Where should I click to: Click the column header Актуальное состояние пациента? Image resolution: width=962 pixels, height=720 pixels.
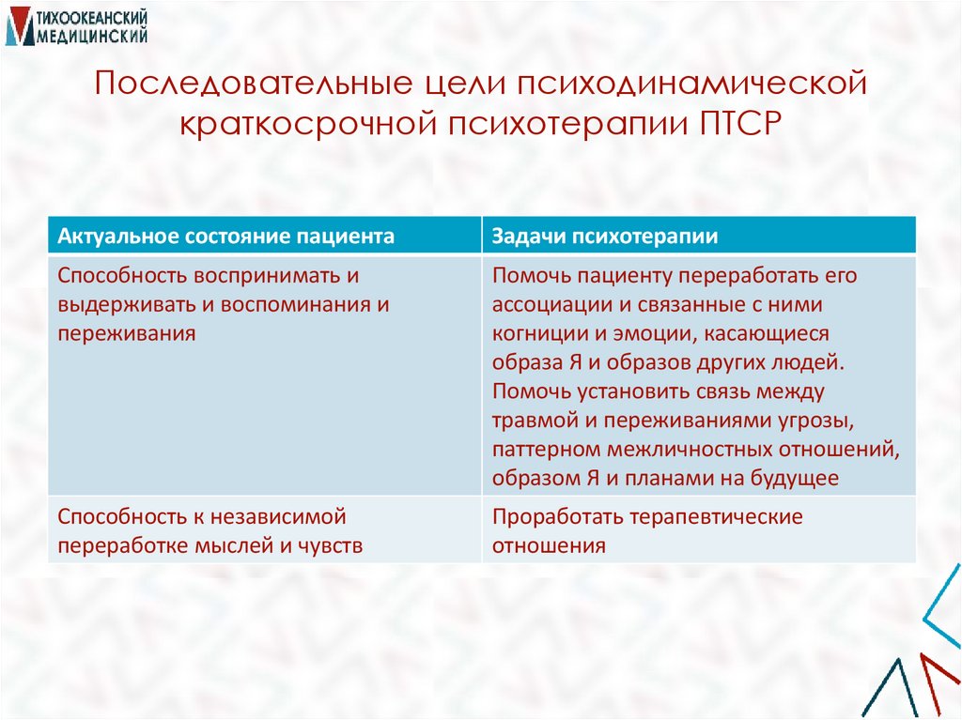[x=225, y=236]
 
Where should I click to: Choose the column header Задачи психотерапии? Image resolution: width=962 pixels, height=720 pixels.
[x=605, y=236]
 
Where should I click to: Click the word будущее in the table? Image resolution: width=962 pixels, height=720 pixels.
[x=794, y=477]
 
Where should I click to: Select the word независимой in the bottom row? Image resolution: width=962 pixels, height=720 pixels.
[x=279, y=517]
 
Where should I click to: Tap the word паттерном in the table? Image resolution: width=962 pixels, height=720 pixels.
[x=547, y=449]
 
